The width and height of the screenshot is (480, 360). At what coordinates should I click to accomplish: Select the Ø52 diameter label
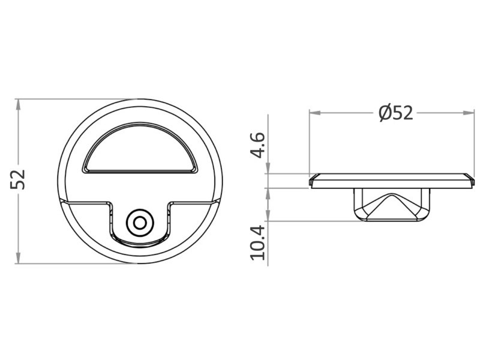click(x=395, y=113)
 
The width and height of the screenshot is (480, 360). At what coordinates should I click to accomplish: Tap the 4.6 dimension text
click(x=257, y=145)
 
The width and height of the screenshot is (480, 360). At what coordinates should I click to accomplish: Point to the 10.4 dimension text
click(x=257, y=242)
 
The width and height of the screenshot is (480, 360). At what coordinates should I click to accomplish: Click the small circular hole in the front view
click(x=140, y=223)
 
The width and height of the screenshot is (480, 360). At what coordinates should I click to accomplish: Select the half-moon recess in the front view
click(x=140, y=148)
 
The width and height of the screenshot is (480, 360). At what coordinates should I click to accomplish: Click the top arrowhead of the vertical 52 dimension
click(x=19, y=104)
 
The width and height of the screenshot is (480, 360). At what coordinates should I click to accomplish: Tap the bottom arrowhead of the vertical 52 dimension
click(x=19, y=258)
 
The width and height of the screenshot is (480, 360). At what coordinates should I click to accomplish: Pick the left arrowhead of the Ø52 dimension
click(x=315, y=113)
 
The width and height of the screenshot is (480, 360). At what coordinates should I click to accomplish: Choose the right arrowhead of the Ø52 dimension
click(x=469, y=113)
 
